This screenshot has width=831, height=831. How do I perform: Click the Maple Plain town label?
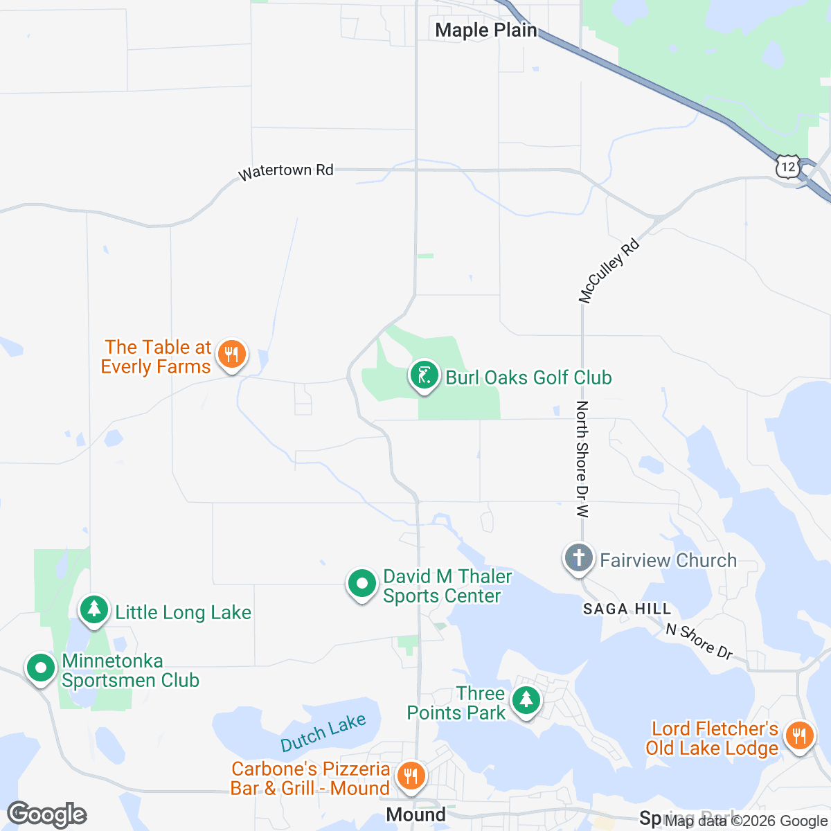(485, 30)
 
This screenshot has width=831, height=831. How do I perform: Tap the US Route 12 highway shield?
(788, 167)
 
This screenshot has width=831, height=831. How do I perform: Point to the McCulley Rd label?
(609, 271)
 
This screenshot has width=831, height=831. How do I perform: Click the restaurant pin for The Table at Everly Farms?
(231, 355)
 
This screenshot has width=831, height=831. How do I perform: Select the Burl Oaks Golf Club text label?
(528, 377)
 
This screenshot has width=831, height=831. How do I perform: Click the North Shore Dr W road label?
(582, 459)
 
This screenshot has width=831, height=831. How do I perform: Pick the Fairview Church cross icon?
(579, 558)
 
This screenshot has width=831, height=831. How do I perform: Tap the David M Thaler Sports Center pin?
(361, 584)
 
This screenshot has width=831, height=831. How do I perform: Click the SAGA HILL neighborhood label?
(627, 609)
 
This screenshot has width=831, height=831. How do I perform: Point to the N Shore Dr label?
(699, 641)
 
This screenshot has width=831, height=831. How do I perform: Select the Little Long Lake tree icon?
(94, 610)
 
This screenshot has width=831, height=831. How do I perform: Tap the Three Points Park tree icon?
(526, 701)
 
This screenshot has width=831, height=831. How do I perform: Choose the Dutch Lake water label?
(323, 733)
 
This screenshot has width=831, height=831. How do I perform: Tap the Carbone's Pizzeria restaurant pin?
(412, 775)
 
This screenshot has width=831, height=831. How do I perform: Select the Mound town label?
(415, 815)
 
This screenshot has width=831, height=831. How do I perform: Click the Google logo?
(47, 814)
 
